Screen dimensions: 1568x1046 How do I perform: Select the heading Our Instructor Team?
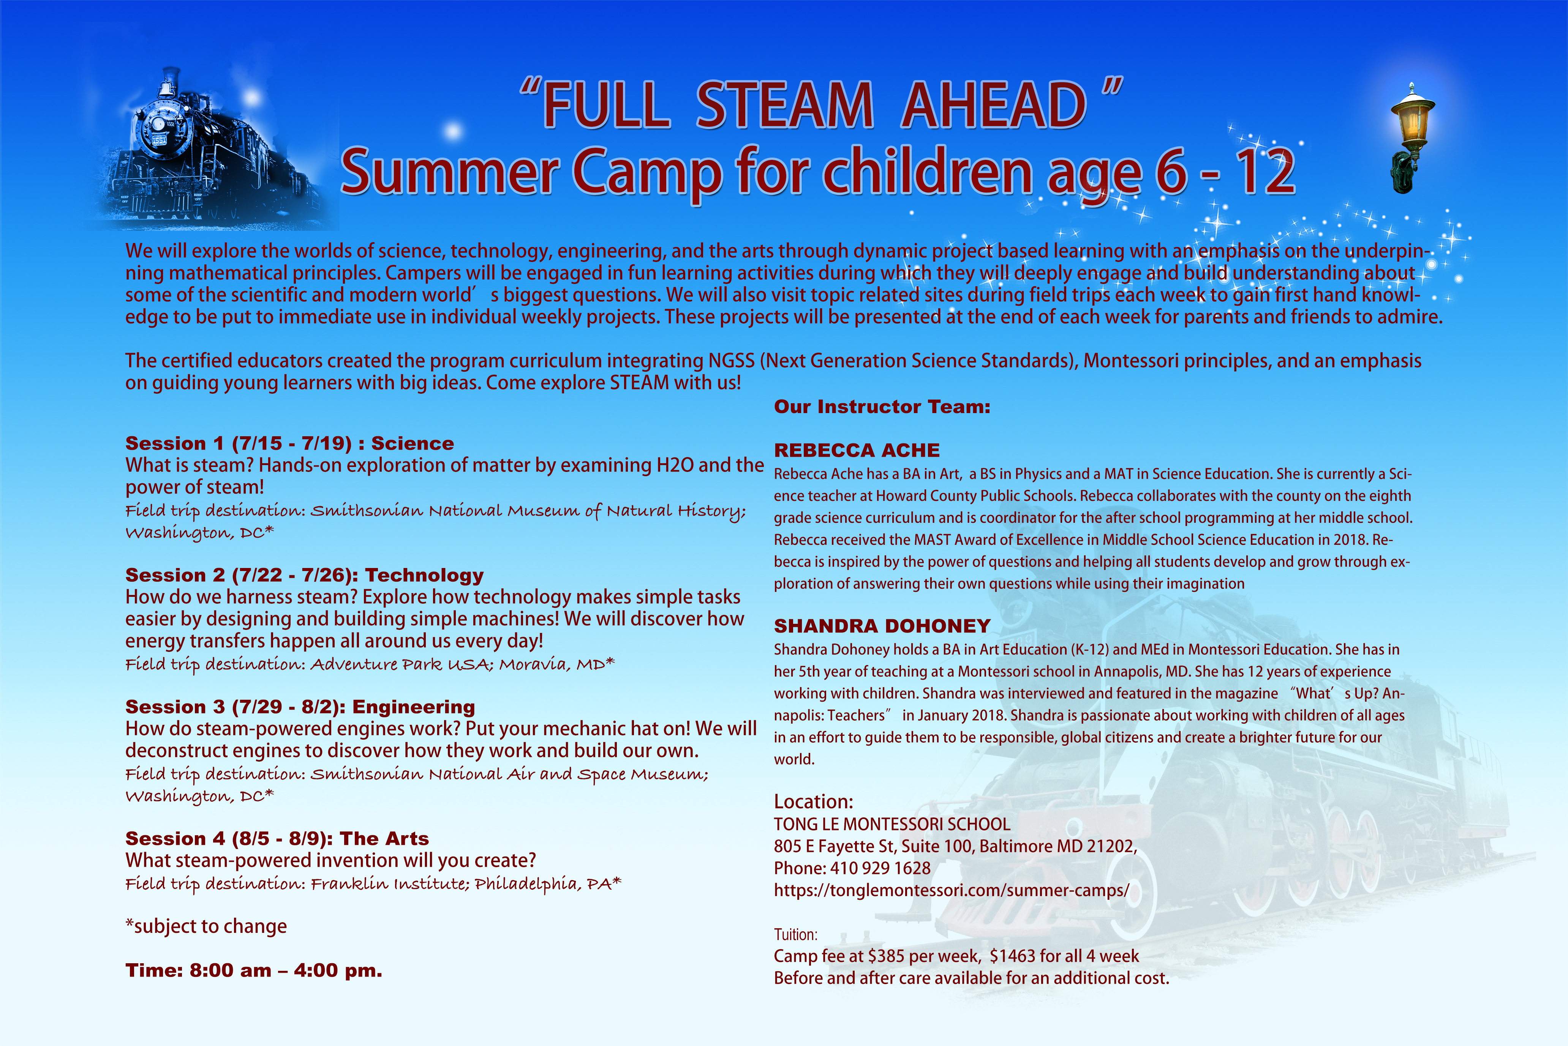tap(882, 407)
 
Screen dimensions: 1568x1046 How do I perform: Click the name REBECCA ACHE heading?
tap(857, 450)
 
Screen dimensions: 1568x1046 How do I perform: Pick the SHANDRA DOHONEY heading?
tap(882, 626)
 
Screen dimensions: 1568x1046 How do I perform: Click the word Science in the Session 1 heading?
tap(413, 443)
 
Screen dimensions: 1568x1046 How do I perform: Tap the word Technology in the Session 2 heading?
tap(424, 575)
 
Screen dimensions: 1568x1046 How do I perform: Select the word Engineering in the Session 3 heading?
tap(414, 707)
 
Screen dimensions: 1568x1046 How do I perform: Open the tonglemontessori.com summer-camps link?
tap(952, 891)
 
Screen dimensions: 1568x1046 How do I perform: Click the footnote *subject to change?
tap(206, 926)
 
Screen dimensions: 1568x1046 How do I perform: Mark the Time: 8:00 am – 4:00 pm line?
tap(254, 970)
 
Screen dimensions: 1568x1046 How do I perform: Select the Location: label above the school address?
tap(813, 802)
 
